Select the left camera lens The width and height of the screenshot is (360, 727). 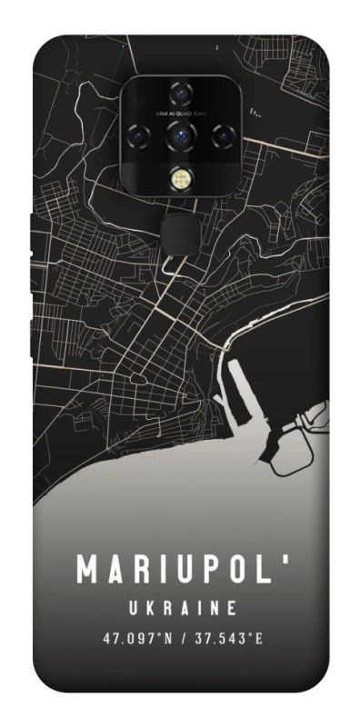point(142,134)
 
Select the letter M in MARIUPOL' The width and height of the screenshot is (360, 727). point(85,571)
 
